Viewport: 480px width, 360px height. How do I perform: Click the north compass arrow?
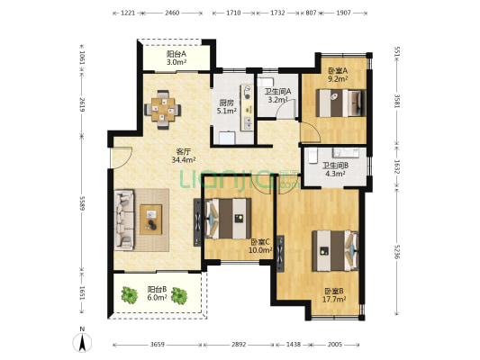tap(82, 343)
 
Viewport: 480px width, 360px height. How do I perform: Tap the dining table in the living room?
tap(163, 109)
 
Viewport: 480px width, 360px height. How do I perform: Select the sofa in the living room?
tap(124, 220)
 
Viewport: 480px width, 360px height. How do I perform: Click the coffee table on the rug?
tap(151, 220)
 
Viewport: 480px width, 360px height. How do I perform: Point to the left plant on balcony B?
tap(130, 295)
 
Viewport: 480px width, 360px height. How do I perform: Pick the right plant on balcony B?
tap(179, 295)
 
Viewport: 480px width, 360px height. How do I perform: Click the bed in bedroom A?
tap(341, 103)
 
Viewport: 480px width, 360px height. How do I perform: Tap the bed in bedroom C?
tap(228, 219)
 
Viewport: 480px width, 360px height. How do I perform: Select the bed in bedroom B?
tap(335, 251)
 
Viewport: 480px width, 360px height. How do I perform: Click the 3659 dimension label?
tap(158, 345)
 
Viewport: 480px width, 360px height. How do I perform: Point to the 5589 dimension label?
tap(82, 203)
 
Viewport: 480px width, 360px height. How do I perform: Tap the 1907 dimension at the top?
tap(343, 13)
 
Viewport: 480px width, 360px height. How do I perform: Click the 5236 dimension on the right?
tap(397, 252)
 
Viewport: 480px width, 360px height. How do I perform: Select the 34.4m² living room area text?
tap(184, 159)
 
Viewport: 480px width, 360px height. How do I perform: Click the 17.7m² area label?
tap(334, 299)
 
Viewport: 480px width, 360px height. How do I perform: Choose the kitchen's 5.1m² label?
tap(227, 111)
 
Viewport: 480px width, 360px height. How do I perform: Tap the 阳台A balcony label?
tap(177, 54)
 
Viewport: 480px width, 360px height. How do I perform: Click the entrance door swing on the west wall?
tap(121, 157)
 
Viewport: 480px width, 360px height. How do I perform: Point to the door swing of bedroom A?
tap(311, 131)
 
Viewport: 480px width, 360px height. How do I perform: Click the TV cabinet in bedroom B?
tap(280, 254)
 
